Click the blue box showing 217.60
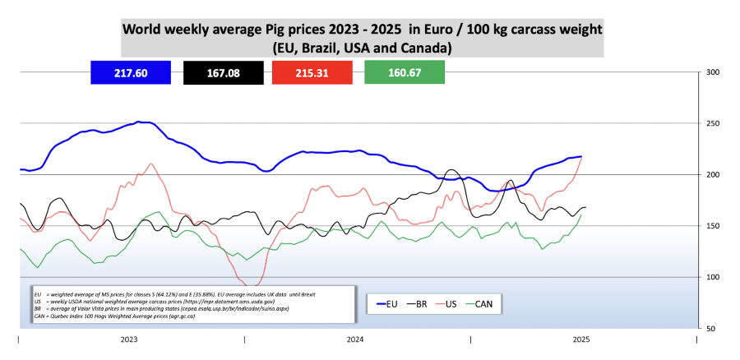tap(131, 73)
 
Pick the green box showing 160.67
tap(404, 73)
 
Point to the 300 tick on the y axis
tap(713, 72)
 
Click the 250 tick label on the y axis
tap(713, 123)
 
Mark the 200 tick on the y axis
tap(713, 175)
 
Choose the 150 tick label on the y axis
tap(713, 226)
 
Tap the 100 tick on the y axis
tap(713, 277)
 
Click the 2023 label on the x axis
tap(129, 339)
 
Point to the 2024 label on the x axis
tap(355, 339)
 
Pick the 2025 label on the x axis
tap(580, 339)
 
